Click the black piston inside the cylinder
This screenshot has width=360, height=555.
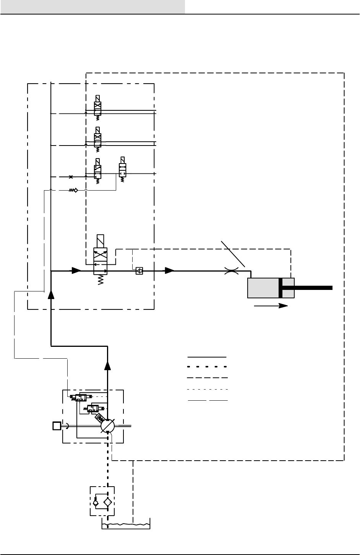[x=281, y=288]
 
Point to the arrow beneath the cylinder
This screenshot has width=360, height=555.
[x=271, y=306]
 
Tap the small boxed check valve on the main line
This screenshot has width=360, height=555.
[x=139, y=271]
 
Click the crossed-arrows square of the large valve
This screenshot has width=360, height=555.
[x=101, y=254]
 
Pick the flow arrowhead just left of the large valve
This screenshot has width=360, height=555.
[x=76, y=271]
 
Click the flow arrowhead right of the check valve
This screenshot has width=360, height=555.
[x=169, y=271]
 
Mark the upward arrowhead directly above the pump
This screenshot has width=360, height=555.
[x=108, y=366]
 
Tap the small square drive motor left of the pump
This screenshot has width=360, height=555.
[x=57, y=425]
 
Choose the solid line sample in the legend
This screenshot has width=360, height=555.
[x=207, y=357]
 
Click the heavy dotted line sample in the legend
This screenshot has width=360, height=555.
[x=207, y=367]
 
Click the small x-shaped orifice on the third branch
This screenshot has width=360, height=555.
[x=70, y=177]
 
